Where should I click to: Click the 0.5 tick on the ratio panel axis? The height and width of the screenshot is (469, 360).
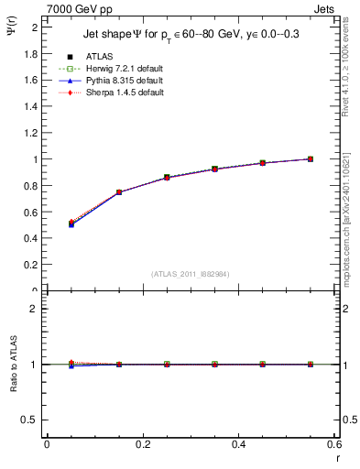pos(32,420)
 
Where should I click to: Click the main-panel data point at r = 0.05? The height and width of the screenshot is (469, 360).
pos(71,224)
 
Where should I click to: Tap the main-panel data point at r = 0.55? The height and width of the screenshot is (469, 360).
pos(310,158)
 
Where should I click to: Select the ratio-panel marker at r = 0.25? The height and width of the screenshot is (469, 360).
pos(166,364)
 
